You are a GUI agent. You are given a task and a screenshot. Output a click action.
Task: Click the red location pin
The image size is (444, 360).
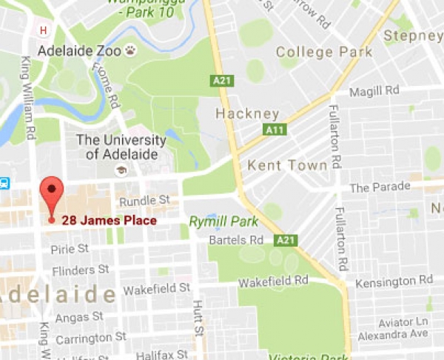pos(51,194)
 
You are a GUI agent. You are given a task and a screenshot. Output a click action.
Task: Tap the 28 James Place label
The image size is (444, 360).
pos(109,220)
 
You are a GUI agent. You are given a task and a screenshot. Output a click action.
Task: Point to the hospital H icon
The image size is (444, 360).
pos(44,30)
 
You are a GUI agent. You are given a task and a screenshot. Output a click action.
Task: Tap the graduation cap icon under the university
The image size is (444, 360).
pos(120,170)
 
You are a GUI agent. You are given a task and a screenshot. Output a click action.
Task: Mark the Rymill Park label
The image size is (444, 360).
pos(223,221)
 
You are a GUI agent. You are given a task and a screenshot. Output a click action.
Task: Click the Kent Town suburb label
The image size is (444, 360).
pos(287,165)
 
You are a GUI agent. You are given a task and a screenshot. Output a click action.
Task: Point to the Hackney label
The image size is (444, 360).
pos(247,114)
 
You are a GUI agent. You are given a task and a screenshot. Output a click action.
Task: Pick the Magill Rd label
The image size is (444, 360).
pos(374,90)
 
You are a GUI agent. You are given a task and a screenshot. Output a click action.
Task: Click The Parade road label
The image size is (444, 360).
pos(380,188)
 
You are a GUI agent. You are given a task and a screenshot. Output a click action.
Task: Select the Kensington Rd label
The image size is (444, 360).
pos(393,281)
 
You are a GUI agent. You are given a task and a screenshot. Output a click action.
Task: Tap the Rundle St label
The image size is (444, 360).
pos(144,200)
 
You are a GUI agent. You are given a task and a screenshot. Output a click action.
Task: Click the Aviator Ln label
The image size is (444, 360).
pos(403,322)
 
